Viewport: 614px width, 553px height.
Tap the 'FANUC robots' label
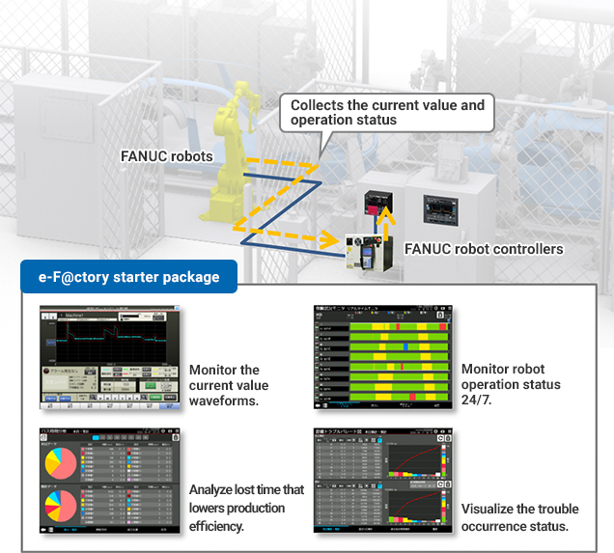click(167, 155)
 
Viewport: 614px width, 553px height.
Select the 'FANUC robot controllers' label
click(484, 249)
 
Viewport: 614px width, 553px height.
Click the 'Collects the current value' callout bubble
click(387, 112)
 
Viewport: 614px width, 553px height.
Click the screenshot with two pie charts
click(109, 480)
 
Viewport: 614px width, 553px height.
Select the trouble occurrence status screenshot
click(381, 480)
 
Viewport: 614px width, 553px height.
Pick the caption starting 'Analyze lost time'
click(246, 507)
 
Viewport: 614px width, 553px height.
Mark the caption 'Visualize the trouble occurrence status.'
click(514, 517)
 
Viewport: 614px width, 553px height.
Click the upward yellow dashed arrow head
click(378, 217)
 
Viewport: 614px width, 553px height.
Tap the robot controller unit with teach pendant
click(367, 250)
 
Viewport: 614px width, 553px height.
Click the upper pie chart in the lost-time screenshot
click(60, 462)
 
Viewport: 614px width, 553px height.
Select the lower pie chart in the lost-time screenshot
click(60, 506)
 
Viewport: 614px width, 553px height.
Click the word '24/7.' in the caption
click(478, 400)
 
